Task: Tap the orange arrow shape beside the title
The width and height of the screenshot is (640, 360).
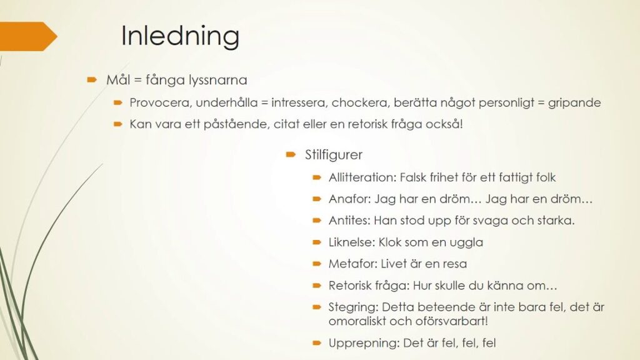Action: click(x=27, y=36)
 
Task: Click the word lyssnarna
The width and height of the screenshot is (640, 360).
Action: click(x=218, y=80)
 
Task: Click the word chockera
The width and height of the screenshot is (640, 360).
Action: click(x=358, y=102)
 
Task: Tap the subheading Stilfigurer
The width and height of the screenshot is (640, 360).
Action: click(x=334, y=155)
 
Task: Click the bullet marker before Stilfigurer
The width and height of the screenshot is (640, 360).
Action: click(x=291, y=154)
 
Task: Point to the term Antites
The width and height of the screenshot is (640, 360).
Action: click(x=349, y=221)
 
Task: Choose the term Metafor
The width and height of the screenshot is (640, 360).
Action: click(x=352, y=264)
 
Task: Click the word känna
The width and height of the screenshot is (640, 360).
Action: click(x=504, y=285)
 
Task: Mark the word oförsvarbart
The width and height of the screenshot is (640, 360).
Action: click(x=451, y=321)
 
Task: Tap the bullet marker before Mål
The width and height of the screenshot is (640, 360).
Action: click(x=92, y=79)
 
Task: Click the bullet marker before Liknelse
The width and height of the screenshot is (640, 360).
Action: click(x=317, y=242)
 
